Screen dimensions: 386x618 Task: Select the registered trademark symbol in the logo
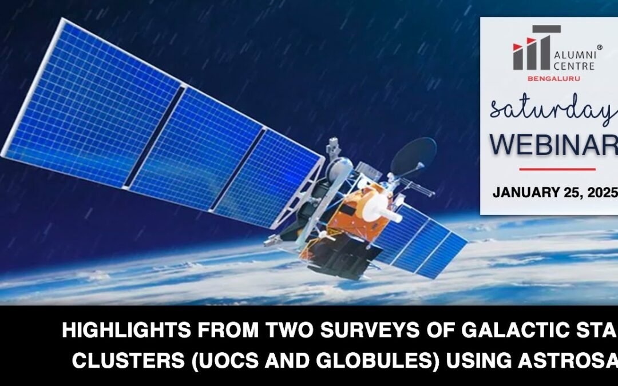point(599,48)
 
